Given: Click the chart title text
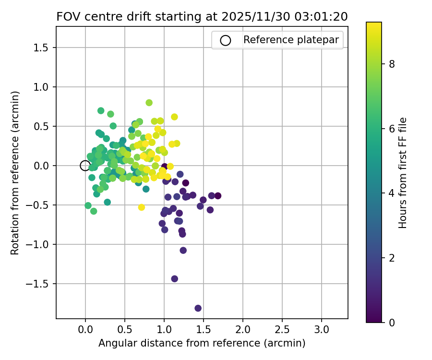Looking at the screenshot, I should click(202, 16).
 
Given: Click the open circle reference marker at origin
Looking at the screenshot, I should click(85, 166).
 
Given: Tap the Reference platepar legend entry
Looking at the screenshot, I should click(278, 40).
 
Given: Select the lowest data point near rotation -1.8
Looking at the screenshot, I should click(198, 308).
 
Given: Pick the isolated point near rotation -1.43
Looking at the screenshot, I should click(174, 279).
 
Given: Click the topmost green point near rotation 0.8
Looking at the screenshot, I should click(149, 103).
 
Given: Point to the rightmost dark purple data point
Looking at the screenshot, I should click(217, 196).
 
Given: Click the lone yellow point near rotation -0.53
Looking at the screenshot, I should click(141, 207).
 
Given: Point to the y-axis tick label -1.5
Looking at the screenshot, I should click(42, 284).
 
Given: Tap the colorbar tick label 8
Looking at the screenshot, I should click(392, 64).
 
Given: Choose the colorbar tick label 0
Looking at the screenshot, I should click(392, 322).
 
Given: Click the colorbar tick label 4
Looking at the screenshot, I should click(392, 193).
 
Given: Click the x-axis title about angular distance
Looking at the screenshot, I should click(202, 344).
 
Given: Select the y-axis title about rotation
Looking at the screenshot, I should click(15, 172).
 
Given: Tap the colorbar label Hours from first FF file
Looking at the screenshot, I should click(403, 172).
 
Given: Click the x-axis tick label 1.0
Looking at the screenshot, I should click(164, 330).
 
